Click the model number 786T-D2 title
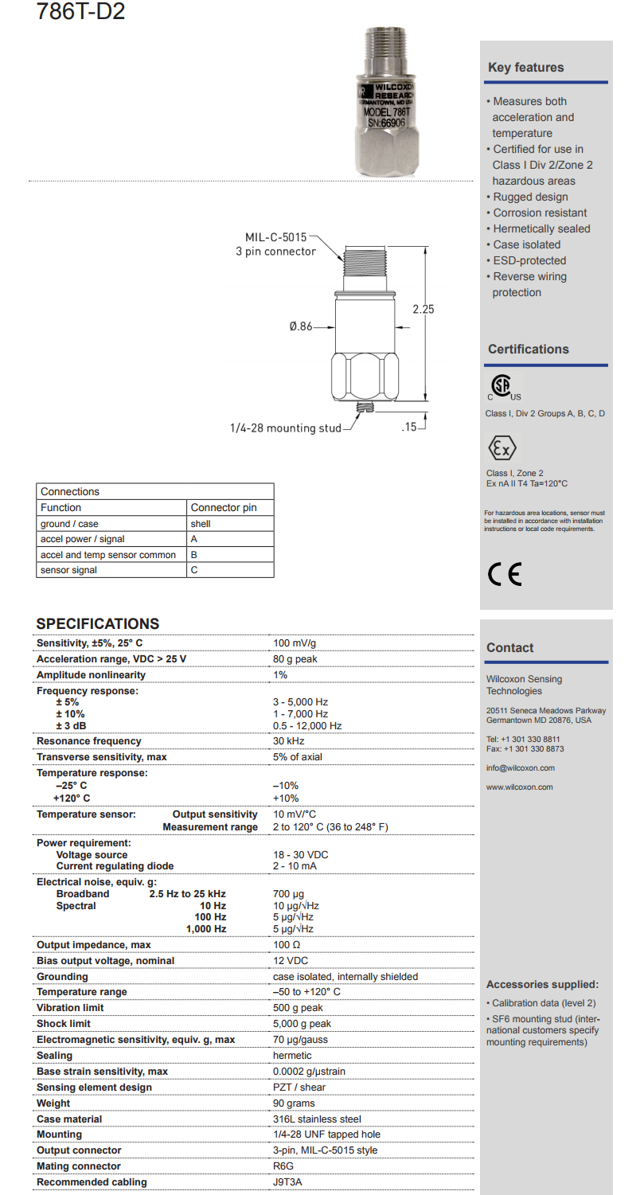pyautogui.click(x=80, y=12)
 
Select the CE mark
pyautogui.click(x=505, y=574)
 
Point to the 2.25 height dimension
pyautogui.click(x=423, y=310)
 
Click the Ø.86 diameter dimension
pyautogui.click(x=301, y=326)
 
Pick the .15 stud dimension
pyautogui.click(x=409, y=428)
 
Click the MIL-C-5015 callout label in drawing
pyautogui.click(x=275, y=236)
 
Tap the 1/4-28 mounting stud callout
pyautogui.click(x=284, y=428)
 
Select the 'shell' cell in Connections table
pyautogui.click(x=201, y=524)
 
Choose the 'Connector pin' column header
pyautogui.click(x=223, y=507)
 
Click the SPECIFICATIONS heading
pyautogui.click(x=98, y=624)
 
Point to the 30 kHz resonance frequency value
pyautogui.click(x=287, y=741)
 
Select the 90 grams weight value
pyautogui.click(x=294, y=1103)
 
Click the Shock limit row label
pyautogui.click(x=64, y=1024)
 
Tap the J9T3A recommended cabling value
pyautogui.click(x=287, y=1182)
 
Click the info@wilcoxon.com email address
pyautogui.click(x=521, y=768)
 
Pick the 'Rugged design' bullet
pyautogui.click(x=530, y=197)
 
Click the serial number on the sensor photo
pyautogui.click(x=384, y=123)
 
